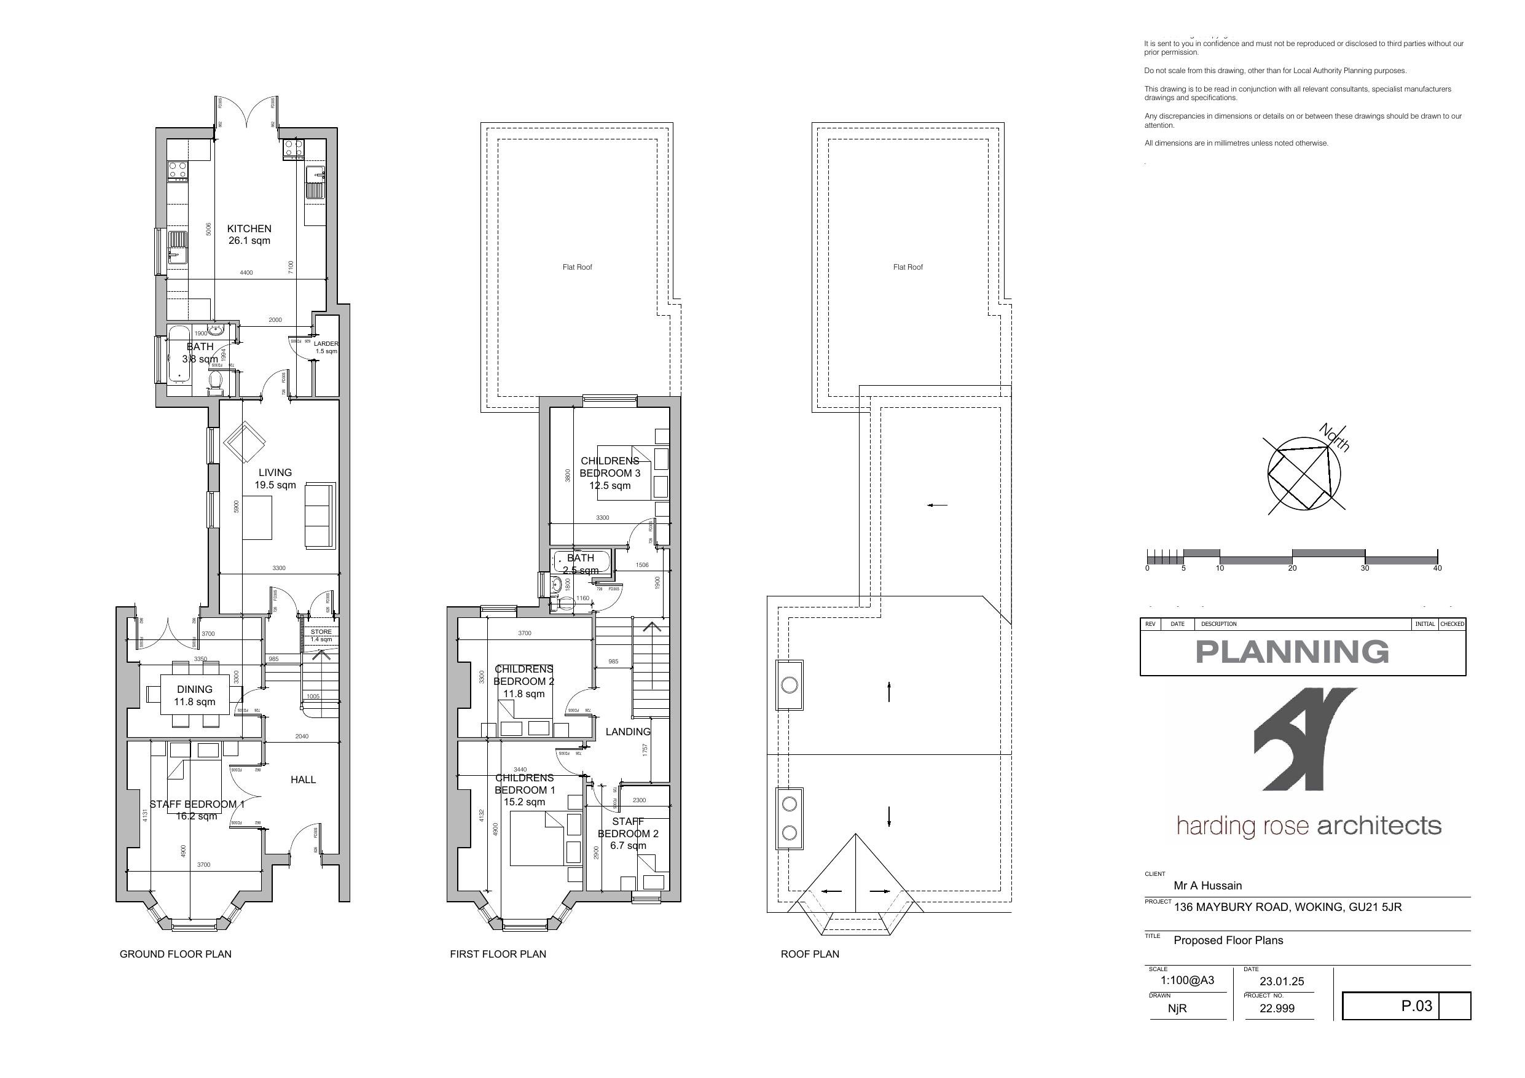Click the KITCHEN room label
[x=249, y=228]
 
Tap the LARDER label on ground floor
[x=326, y=344]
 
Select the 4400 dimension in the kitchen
[x=246, y=273]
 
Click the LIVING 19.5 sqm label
[x=275, y=478]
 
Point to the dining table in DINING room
[x=195, y=695]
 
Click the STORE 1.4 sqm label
[x=321, y=636]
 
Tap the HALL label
[x=303, y=779]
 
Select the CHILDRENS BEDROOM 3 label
[x=610, y=472]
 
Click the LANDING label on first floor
[x=628, y=732]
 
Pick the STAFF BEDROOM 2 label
[x=628, y=834]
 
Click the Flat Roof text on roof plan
[x=908, y=267]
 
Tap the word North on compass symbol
[x=1335, y=438]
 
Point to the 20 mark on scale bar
[x=1292, y=568]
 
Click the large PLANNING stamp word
[x=1292, y=652]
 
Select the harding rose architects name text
[x=1308, y=826]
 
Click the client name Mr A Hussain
[x=1207, y=885]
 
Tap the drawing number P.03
[x=1416, y=1006]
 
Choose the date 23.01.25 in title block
[x=1281, y=981]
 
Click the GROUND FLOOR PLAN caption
[x=175, y=954]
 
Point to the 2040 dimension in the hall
[x=301, y=736]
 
